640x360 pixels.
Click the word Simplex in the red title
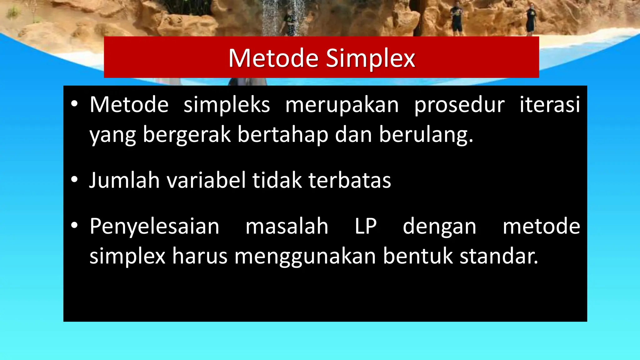click(370, 58)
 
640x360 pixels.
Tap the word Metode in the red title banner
click(274, 58)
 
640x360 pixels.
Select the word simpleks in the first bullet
click(227, 105)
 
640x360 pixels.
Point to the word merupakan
click(342, 105)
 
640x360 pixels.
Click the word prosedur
click(459, 105)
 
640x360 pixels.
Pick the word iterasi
click(550, 105)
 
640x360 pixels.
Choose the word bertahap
click(283, 135)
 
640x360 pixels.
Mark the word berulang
click(426, 135)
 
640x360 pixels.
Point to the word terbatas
click(350, 180)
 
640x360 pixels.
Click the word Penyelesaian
click(154, 226)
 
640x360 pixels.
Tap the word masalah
click(287, 226)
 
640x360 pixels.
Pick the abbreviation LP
click(365, 226)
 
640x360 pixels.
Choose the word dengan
click(439, 226)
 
